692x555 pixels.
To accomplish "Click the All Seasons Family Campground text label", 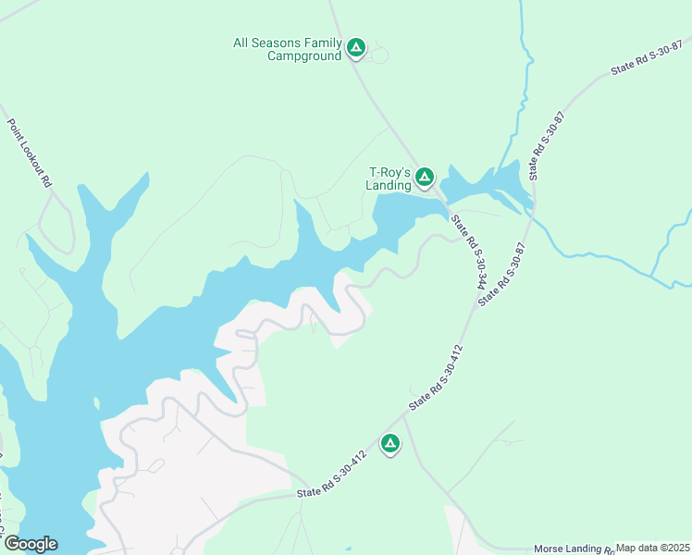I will (x=287, y=49).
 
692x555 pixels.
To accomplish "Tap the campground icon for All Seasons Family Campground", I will (x=356, y=47).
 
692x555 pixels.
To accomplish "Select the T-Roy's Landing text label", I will (x=389, y=179).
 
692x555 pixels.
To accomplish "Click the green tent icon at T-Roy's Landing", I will (x=425, y=176).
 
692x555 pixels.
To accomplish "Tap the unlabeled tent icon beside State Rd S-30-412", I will (x=390, y=445).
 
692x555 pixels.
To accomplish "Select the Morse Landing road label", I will (x=574, y=549).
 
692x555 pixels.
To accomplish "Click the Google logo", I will (x=30, y=544).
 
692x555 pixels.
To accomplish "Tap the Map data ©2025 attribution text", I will (x=652, y=548).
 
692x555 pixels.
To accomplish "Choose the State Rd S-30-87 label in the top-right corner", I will (x=647, y=57).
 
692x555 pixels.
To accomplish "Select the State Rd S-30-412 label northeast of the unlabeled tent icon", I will (x=435, y=377).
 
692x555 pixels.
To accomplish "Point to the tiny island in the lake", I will (x=95, y=402).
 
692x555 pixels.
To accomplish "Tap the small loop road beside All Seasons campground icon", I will (x=377, y=55).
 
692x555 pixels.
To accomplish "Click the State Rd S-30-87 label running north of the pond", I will (x=546, y=146).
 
